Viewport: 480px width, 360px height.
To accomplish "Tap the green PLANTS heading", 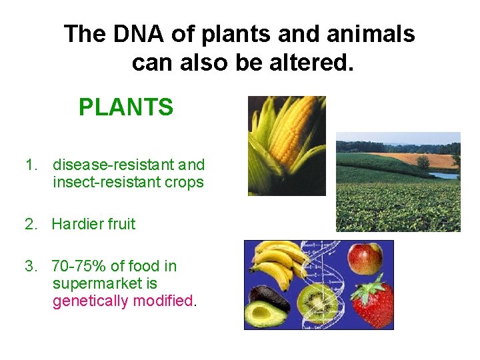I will click(126, 107).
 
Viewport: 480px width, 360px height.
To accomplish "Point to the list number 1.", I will click(30, 165).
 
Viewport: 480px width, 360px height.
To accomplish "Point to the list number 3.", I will click(30, 266).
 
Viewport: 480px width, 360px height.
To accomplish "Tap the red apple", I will click(365, 258).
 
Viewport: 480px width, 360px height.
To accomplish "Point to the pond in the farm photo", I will click(443, 176).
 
